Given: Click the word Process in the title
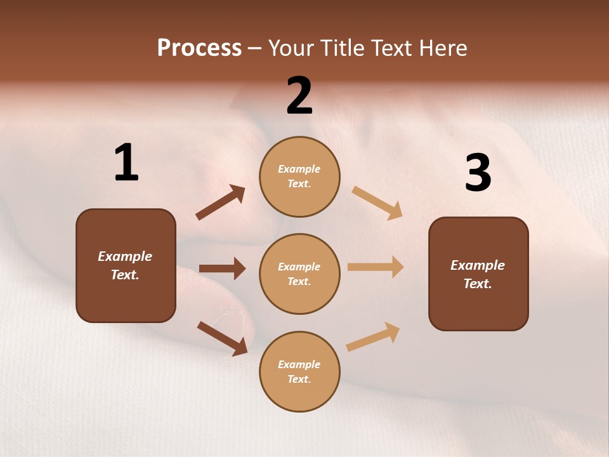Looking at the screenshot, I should [199, 48].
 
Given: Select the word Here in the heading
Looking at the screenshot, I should [442, 48].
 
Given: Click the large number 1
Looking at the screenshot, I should [126, 163].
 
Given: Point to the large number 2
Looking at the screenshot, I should [299, 96].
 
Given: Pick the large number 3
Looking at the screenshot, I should [478, 173].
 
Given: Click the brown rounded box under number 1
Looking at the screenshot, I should [126, 265].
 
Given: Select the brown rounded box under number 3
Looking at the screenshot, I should [478, 274].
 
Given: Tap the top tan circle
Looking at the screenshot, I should [299, 176].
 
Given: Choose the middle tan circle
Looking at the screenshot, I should [299, 274].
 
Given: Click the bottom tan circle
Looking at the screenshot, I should [299, 371].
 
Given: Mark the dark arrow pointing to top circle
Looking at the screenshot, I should [221, 202].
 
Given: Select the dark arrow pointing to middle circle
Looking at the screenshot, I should [222, 268].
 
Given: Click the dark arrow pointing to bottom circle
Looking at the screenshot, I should [222, 338].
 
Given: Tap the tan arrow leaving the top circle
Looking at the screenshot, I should [377, 202].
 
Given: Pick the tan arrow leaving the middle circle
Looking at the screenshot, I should [376, 267].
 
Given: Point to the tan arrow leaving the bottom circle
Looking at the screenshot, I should [373, 337].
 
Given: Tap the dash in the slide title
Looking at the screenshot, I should [255, 49].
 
